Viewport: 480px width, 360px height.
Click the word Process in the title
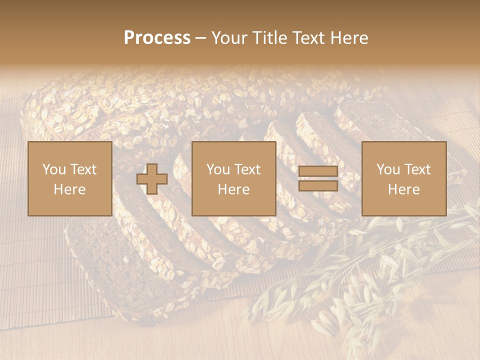(x=157, y=38)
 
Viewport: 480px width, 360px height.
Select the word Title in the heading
(x=270, y=38)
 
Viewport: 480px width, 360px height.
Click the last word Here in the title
(x=349, y=38)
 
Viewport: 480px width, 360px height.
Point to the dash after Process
(x=200, y=38)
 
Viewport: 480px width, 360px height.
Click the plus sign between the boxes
(x=152, y=179)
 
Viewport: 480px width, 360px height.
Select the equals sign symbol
(x=318, y=178)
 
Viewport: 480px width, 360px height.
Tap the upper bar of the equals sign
(x=318, y=172)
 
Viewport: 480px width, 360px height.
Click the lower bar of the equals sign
(x=318, y=185)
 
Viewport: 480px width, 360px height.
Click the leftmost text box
(x=69, y=178)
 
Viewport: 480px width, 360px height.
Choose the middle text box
(x=233, y=178)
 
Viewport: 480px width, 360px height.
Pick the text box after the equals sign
(x=403, y=178)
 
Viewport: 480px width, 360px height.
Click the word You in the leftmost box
(x=53, y=169)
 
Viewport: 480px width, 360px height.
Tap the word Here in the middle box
(x=233, y=189)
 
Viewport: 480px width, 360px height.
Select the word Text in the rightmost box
(x=418, y=169)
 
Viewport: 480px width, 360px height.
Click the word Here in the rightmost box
(x=403, y=189)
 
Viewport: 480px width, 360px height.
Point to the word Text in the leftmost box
(x=83, y=169)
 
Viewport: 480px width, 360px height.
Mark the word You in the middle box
(x=217, y=169)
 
